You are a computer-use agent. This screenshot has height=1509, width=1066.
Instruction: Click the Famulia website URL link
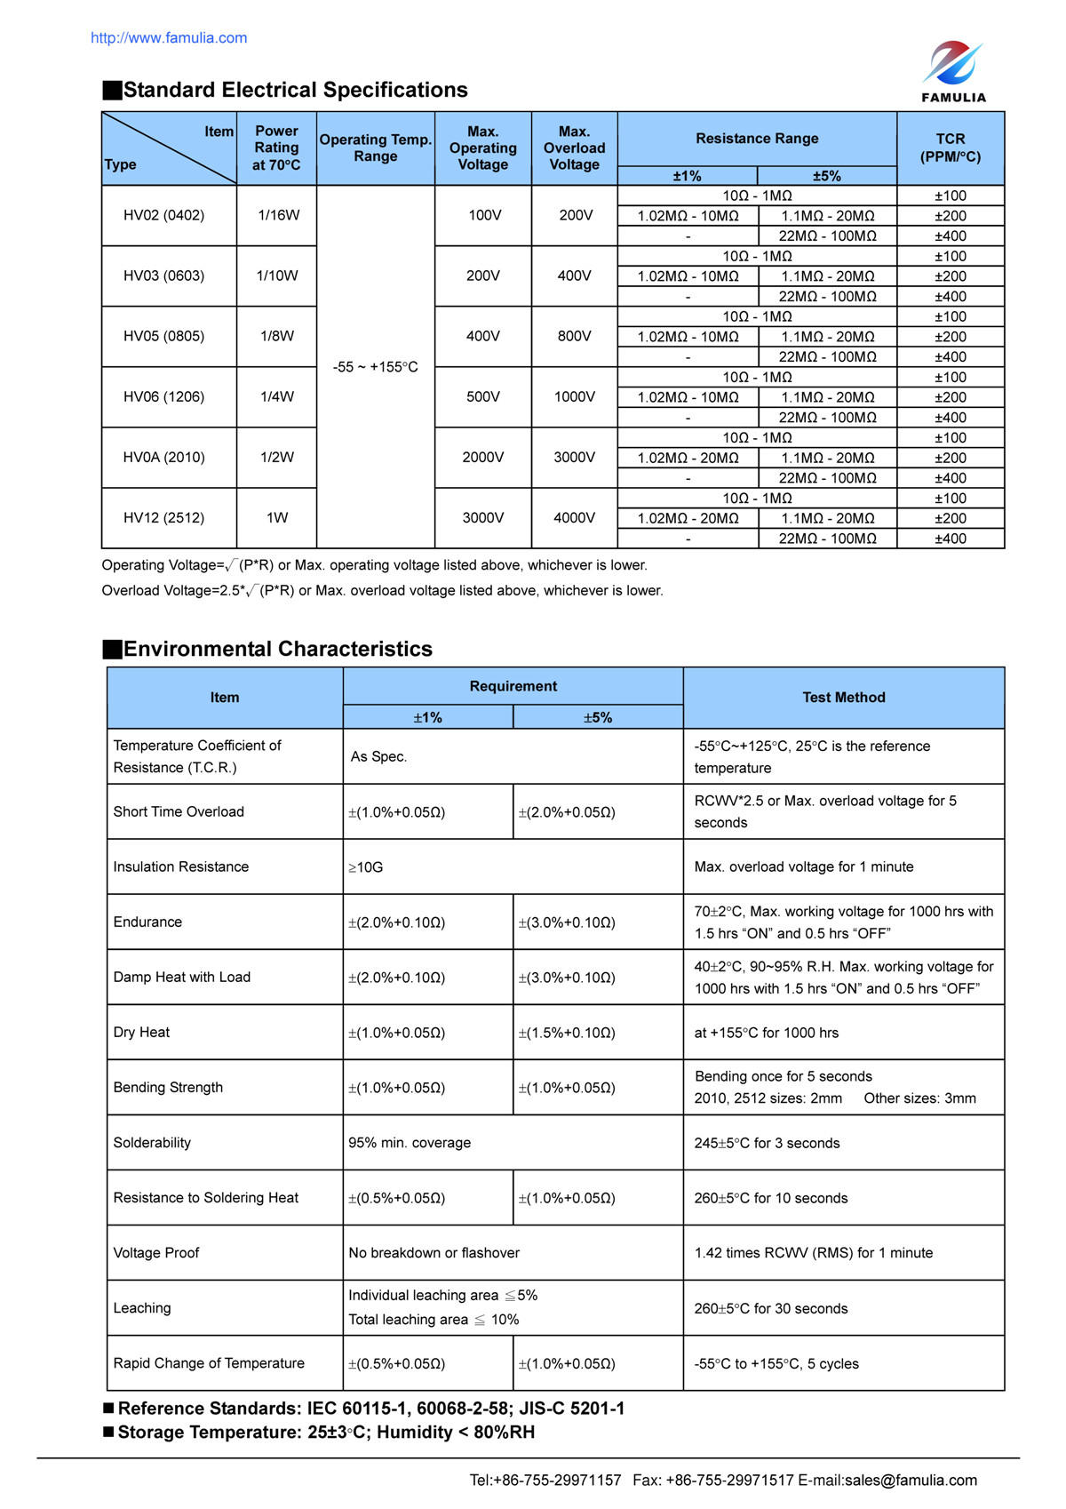[169, 38]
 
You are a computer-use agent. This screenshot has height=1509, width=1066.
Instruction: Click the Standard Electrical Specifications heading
[295, 90]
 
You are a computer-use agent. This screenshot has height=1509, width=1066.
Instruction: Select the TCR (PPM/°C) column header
[950, 148]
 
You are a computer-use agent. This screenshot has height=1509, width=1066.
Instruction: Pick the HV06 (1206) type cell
[164, 396]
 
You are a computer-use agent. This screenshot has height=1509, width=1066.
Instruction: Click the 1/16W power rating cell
[278, 215]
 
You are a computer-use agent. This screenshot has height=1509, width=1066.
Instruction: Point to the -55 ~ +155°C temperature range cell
[375, 367]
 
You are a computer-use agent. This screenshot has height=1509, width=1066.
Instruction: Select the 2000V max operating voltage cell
[482, 457]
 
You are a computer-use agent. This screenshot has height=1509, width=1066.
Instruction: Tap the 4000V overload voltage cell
[574, 517]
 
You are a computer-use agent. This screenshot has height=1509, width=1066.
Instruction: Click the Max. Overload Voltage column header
[574, 148]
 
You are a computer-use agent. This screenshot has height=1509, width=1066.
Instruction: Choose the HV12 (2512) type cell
[164, 517]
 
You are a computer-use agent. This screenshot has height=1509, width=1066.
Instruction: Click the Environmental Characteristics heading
[277, 649]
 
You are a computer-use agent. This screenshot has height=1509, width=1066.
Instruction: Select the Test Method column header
[843, 698]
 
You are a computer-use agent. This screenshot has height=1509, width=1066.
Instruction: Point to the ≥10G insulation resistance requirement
[366, 867]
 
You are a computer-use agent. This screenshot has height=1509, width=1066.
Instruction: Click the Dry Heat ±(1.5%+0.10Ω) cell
[567, 1033]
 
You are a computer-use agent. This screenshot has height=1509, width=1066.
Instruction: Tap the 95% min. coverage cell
[410, 1143]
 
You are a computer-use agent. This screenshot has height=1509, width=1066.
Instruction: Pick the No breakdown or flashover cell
[434, 1253]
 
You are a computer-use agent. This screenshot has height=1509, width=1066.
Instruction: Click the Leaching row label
[142, 1308]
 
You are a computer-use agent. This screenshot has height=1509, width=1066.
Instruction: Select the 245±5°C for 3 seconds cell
[767, 1143]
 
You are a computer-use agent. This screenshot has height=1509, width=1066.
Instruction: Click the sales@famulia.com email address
[911, 1480]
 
